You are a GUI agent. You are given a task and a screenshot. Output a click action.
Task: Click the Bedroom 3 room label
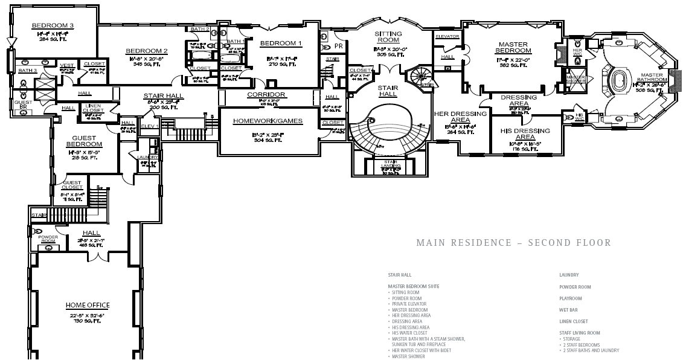pos(53,25)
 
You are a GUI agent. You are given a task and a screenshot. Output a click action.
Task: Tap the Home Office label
pos(88,305)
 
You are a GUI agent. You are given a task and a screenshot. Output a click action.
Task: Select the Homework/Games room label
pos(268,121)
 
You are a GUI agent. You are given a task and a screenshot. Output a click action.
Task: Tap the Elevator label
pos(447,36)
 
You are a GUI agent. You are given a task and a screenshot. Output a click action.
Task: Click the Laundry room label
pos(147,157)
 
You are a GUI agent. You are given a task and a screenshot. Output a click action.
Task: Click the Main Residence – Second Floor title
pos(513,243)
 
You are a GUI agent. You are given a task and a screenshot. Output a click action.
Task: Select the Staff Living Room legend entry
pos(579,333)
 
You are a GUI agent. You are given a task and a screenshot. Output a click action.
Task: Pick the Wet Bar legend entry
pos(568,310)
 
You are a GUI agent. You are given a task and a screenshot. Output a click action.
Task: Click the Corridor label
pos(266,95)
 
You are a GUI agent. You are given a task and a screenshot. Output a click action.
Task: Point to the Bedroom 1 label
pos(281,43)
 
